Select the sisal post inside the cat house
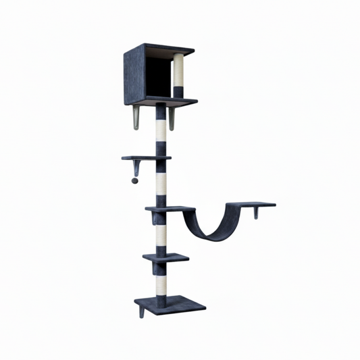coord(178,76)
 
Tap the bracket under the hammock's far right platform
coord(256,213)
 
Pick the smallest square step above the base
coord(165,257)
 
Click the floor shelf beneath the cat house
coord(165,103)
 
